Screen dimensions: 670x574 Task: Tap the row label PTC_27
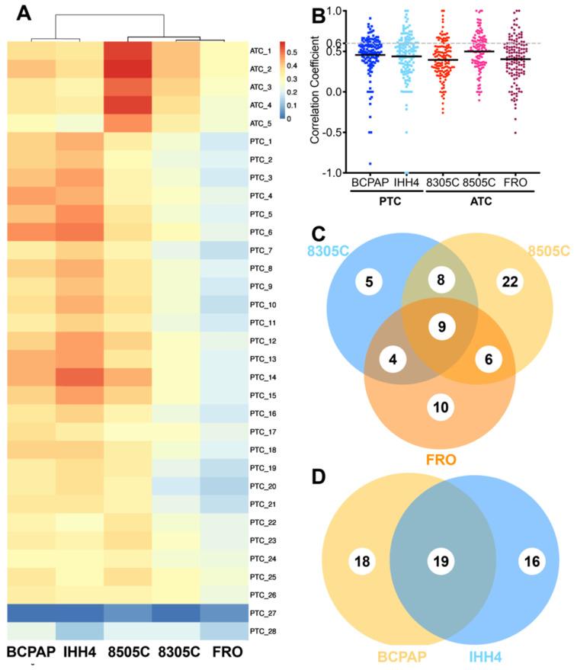pos(263,612)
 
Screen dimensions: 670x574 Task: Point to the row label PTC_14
pos(263,377)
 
